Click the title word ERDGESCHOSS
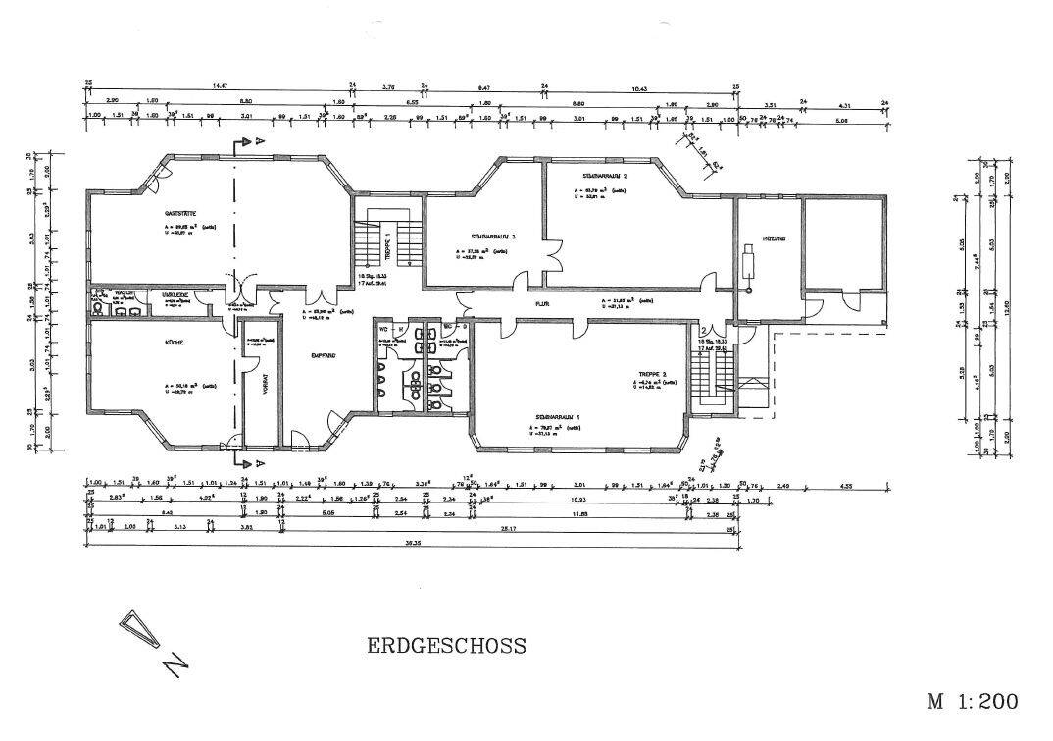pyautogui.click(x=446, y=646)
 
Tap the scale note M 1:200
pyautogui.click(x=973, y=701)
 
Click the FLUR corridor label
pyautogui.click(x=540, y=304)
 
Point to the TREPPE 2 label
pyautogui.click(x=652, y=373)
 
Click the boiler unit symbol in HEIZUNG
pyautogui.click(x=750, y=262)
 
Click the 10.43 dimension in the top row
pyautogui.click(x=640, y=86)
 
